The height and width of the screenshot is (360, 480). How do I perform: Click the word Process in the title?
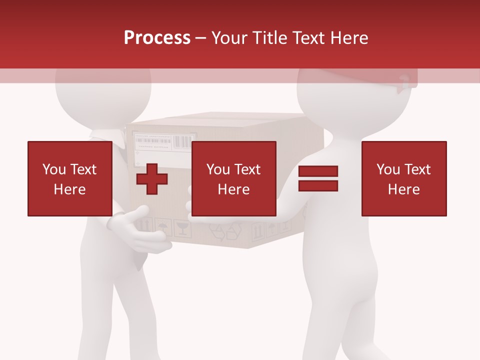pos(157,38)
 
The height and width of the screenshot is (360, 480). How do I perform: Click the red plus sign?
pos(152,178)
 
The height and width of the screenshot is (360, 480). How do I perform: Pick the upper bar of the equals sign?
pos(318,171)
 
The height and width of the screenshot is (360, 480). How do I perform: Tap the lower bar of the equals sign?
pos(318,185)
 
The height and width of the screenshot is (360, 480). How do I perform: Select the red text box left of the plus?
pos(69,178)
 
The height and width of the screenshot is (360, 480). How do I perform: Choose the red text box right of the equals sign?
pos(403,178)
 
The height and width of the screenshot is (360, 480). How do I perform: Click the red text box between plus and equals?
pos(233,178)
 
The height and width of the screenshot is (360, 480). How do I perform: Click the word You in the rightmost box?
pos(388,169)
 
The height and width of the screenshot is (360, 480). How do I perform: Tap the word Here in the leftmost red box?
pos(69,189)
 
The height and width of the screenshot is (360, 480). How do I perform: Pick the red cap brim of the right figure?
pos(403,83)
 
